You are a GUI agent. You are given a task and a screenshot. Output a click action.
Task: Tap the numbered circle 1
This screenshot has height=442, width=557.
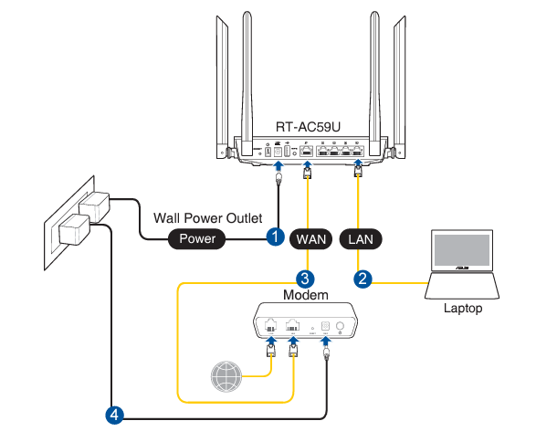[273, 237]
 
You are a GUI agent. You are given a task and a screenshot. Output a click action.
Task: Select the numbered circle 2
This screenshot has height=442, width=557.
[363, 279]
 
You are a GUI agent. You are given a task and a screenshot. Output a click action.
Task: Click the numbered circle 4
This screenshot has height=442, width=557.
[114, 416]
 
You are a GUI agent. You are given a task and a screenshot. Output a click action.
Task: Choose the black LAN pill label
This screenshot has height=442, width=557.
[361, 238]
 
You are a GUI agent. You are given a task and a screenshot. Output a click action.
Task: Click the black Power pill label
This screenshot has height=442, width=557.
[197, 238]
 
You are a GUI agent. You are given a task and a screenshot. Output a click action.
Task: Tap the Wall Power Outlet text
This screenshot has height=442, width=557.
[207, 217]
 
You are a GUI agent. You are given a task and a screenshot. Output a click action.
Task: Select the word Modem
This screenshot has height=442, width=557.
[306, 296]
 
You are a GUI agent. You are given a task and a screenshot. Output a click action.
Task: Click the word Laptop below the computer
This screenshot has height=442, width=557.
[462, 309]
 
